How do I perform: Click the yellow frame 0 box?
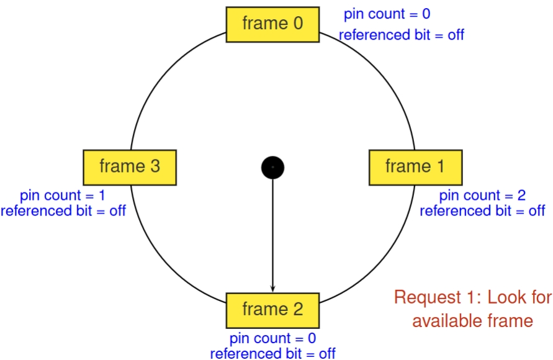click(272, 24)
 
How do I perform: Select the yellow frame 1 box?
click(415, 167)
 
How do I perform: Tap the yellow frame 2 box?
click(272, 310)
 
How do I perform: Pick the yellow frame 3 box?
click(130, 167)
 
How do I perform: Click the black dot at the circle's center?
click(272, 168)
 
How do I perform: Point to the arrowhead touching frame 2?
click(272, 288)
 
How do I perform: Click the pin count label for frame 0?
click(387, 14)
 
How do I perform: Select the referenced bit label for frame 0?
click(401, 35)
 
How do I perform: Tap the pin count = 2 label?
click(482, 196)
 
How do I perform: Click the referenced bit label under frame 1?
click(482, 211)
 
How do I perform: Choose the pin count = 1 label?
click(63, 196)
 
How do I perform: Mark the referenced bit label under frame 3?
click(63, 211)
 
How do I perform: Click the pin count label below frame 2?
click(272, 339)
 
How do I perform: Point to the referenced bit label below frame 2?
click(272, 354)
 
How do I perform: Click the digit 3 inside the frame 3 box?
click(155, 167)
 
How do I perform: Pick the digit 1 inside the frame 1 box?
click(440, 167)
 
